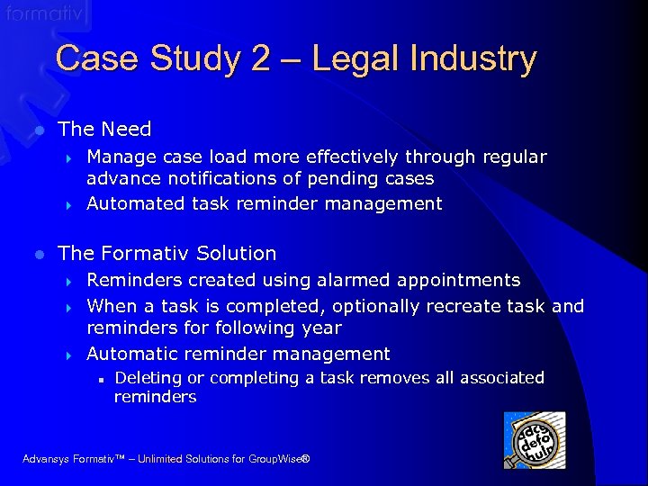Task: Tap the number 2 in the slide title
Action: [261, 59]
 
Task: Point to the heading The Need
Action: [104, 129]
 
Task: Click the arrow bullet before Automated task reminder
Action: [69, 204]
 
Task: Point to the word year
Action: [321, 328]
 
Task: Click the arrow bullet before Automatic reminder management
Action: [69, 355]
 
